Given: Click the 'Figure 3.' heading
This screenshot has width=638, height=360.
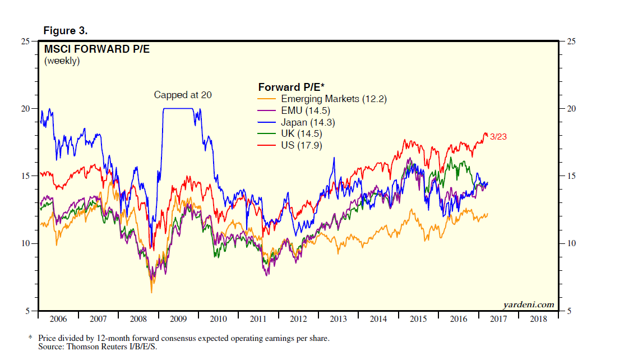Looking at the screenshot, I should click(65, 30).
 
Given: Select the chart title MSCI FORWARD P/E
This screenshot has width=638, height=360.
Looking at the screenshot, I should click(97, 49).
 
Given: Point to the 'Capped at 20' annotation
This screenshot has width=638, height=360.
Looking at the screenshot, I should click(183, 95).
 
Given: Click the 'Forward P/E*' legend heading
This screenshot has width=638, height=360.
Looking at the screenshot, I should click(291, 87).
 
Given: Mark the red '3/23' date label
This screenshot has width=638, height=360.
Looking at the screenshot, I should click(498, 136).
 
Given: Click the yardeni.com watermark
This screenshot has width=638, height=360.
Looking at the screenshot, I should click(529, 305).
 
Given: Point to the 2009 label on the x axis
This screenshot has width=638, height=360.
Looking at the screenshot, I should click(178, 319).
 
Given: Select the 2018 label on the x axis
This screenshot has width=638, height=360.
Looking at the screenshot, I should click(539, 319).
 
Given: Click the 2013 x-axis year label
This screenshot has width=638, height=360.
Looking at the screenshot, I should click(338, 319).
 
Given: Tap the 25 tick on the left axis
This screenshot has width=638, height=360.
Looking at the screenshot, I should click(26, 41).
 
